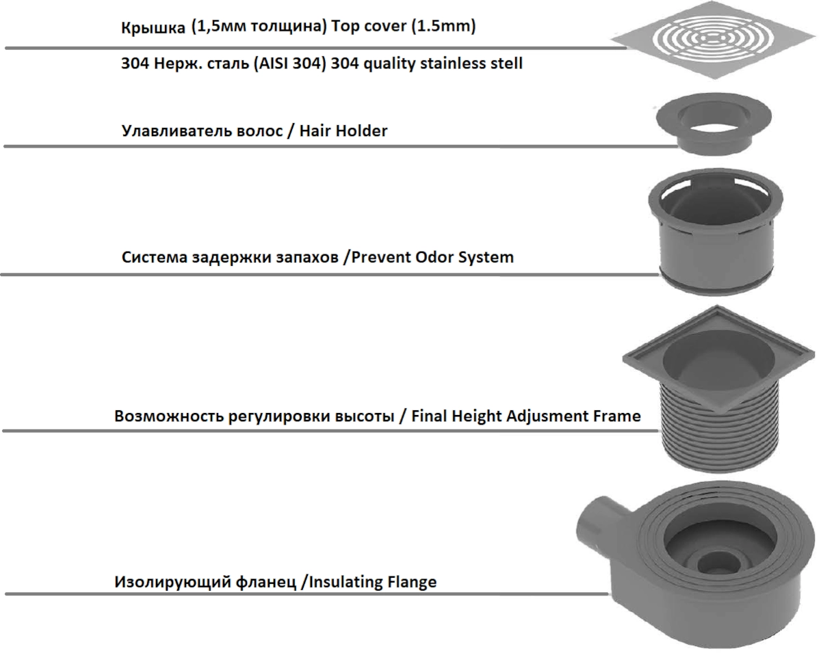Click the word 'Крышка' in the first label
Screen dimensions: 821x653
153,28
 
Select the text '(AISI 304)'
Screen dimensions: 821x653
290,64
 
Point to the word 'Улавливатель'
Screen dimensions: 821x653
177,131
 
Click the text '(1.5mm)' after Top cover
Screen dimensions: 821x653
443,26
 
